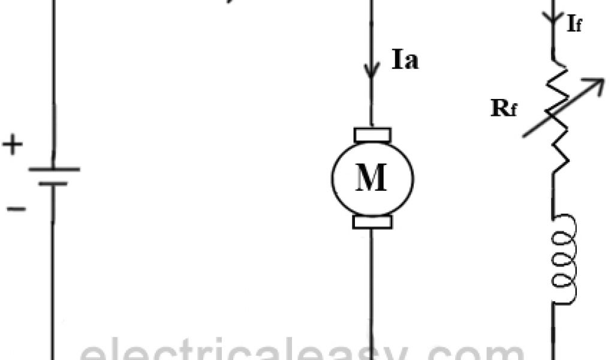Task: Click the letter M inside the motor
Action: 372,178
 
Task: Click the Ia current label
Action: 404,61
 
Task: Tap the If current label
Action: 574,25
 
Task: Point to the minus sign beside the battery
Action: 16,209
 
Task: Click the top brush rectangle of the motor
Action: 372,135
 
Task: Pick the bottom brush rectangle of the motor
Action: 372,222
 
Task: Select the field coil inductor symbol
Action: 564,258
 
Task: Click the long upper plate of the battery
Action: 54,170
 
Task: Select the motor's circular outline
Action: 333,178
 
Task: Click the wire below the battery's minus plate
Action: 53,270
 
